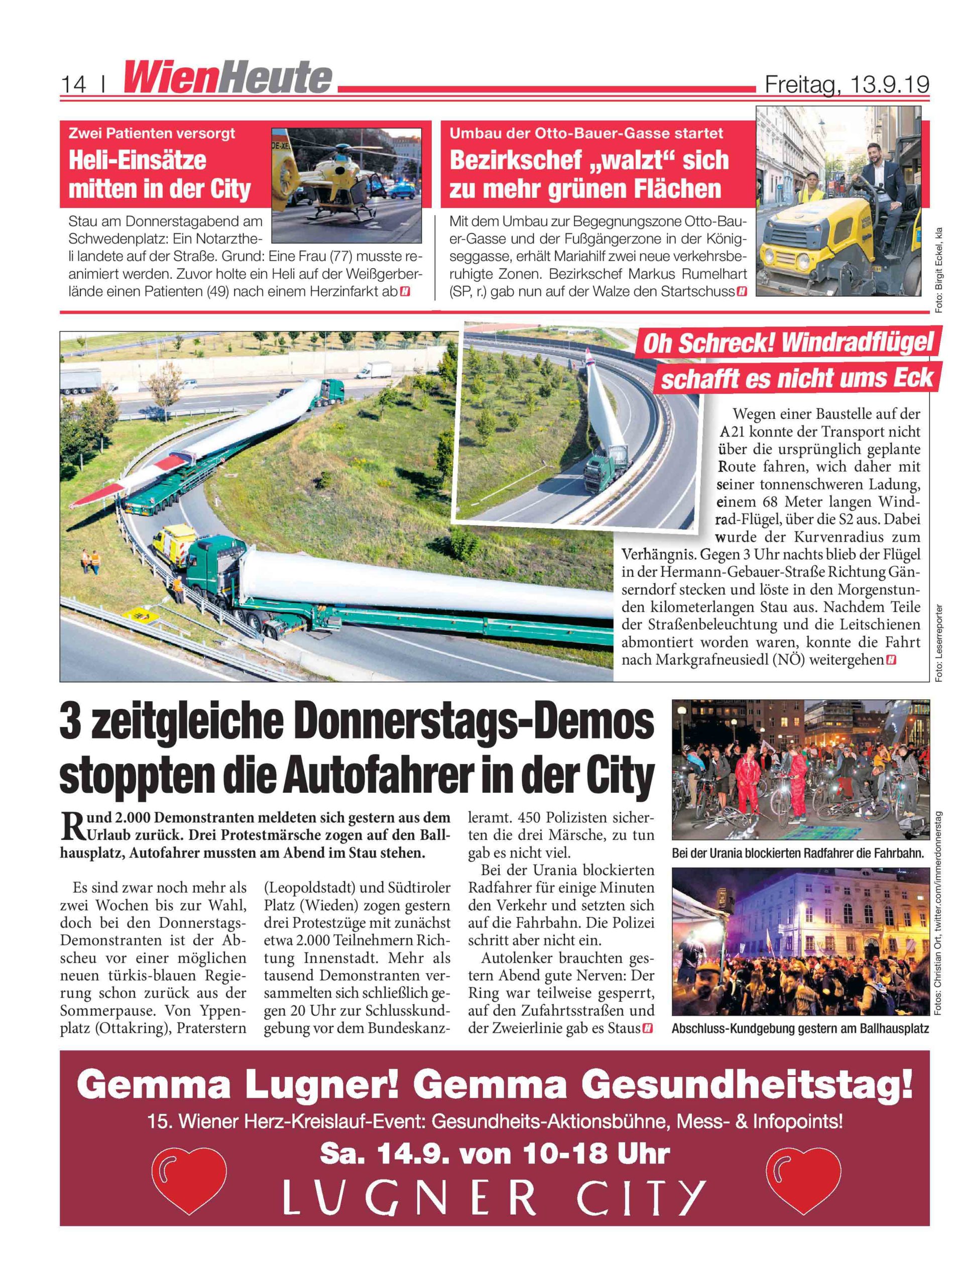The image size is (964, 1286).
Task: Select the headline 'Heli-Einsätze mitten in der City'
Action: [x=160, y=174]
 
